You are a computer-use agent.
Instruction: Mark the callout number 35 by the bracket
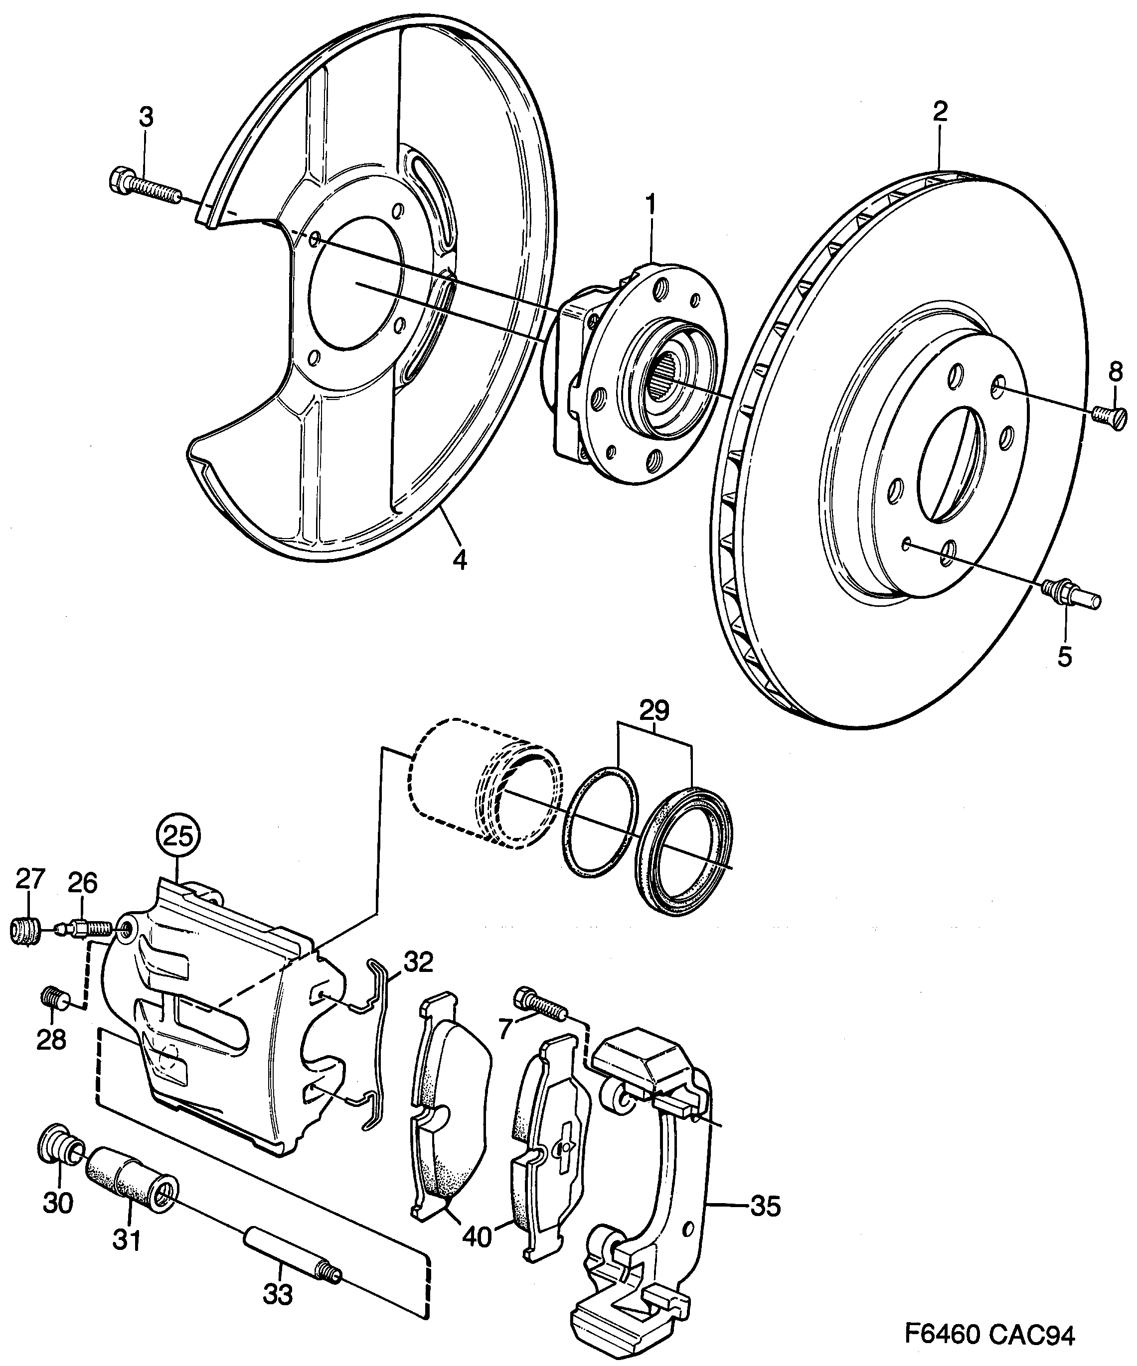point(765,1207)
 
